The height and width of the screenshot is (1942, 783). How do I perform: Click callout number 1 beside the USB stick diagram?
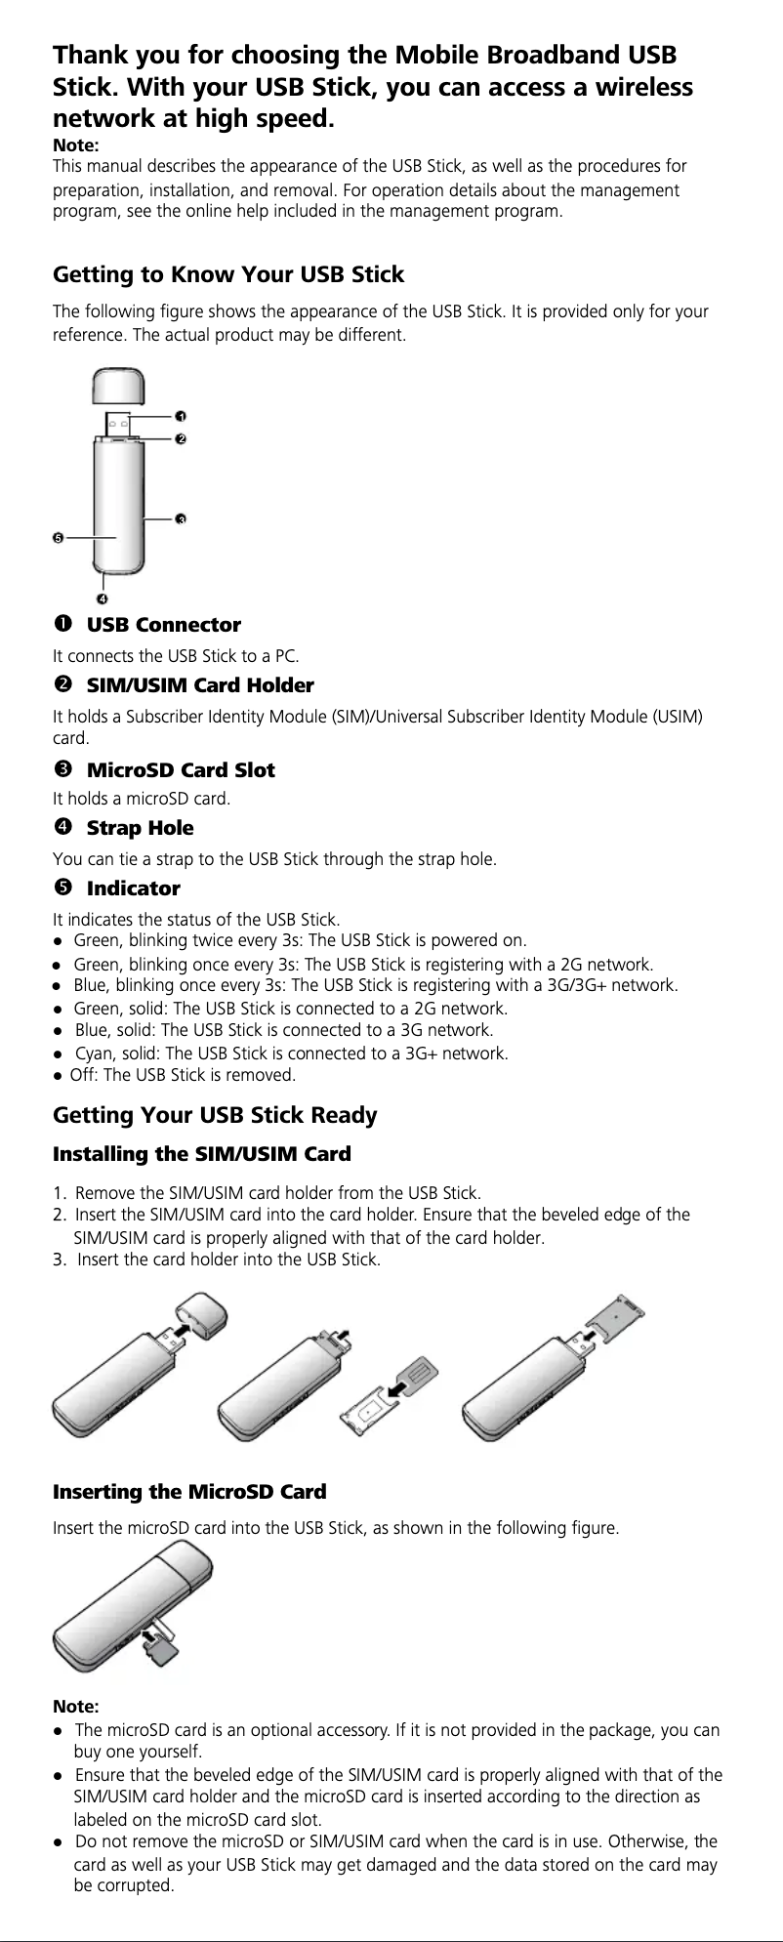tap(182, 417)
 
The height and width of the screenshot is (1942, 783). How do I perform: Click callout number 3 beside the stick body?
tap(182, 518)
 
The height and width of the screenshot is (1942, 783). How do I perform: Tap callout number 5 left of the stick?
tap(58, 538)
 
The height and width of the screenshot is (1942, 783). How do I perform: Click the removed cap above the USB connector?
tap(119, 386)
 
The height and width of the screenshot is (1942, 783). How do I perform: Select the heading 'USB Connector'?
tap(163, 625)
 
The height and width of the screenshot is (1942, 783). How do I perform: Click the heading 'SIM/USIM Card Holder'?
tap(200, 685)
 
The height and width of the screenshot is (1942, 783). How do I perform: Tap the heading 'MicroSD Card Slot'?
tap(181, 770)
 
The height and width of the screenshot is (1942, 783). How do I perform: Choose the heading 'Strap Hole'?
tap(140, 828)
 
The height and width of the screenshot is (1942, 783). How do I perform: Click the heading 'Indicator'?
tap(134, 888)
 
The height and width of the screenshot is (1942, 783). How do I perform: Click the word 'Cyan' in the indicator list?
tap(93, 1054)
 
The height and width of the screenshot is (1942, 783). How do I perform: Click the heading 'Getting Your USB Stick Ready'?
tap(215, 1115)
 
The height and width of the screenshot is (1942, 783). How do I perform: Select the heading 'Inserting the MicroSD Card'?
tap(188, 1492)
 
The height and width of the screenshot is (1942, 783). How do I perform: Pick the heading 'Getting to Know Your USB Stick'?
tap(227, 274)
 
